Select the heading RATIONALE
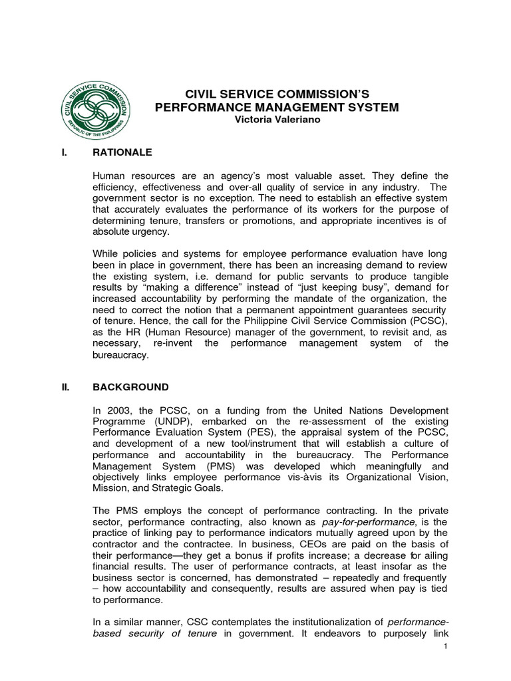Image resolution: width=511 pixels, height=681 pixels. coord(122,152)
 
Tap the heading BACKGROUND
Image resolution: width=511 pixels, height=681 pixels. coord(130,387)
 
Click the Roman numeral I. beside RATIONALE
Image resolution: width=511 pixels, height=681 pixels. coord(64,152)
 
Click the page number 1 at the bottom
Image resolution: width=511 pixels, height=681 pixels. coord(445,647)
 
